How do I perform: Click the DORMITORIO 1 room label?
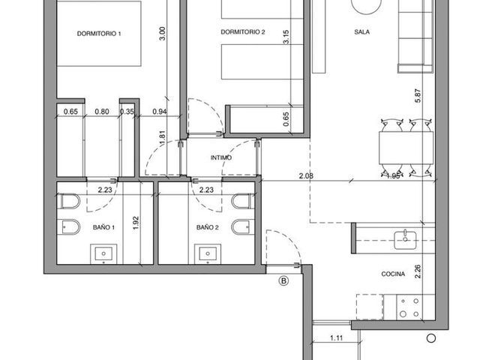[x=99, y=34]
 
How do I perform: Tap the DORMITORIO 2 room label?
[x=243, y=31]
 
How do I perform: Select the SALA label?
[x=361, y=31]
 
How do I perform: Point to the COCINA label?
[x=393, y=274]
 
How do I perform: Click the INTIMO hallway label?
[x=221, y=157]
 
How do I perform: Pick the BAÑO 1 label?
[x=103, y=227]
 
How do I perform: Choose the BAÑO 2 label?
[x=208, y=227]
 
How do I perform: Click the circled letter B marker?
[x=283, y=280]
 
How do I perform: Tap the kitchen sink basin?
[x=405, y=240]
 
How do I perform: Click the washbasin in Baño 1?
[x=103, y=254]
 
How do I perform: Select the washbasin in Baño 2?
[x=208, y=254]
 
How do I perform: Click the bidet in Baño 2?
[x=243, y=226]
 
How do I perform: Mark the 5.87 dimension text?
[x=418, y=95]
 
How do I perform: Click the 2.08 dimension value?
[x=306, y=176]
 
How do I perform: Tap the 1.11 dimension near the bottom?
[x=336, y=338]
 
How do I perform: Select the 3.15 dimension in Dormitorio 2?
[x=286, y=37]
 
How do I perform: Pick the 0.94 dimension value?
[x=160, y=112]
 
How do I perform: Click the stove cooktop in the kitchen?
[x=409, y=307]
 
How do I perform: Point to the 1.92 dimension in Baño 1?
[x=136, y=223]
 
